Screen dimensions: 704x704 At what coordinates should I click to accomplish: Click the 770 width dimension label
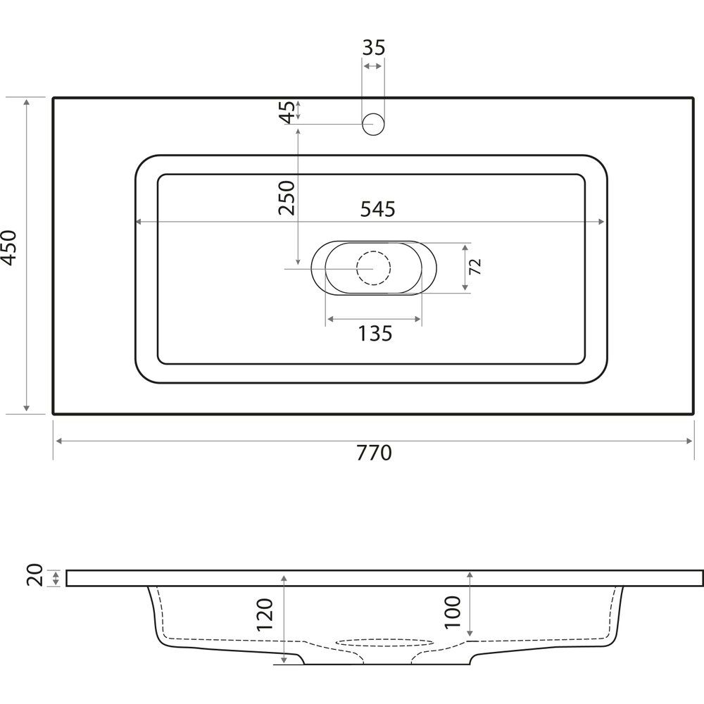point(374,453)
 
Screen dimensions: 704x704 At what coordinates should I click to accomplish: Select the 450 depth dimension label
point(10,248)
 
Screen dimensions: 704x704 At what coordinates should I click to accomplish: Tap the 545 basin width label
point(377,209)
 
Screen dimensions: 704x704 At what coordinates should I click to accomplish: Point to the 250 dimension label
point(287,198)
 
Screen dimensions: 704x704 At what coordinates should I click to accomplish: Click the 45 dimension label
point(288,112)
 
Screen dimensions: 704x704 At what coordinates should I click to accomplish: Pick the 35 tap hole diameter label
point(374,48)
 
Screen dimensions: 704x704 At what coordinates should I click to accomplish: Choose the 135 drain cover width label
point(375,334)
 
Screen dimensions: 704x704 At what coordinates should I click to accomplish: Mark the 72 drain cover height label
point(475,267)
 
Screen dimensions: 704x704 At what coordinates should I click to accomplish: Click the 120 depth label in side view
point(265,615)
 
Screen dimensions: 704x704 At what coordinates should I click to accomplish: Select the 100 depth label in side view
point(453,612)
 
